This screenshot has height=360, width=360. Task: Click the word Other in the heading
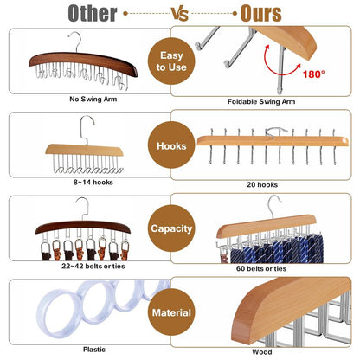pyautogui.click(x=93, y=13)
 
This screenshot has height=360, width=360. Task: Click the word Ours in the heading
pyautogui.click(x=260, y=13)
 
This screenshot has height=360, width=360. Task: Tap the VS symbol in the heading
pyautogui.click(x=180, y=14)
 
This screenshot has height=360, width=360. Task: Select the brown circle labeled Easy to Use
pyautogui.click(x=171, y=61)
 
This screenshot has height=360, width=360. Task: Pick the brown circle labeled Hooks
pyautogui.click(x=171, y=145)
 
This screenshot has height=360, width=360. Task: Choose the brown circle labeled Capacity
pyautogui.click(x=171, y=228)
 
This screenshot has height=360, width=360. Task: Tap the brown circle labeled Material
pyautogui.click(x=171, y=312)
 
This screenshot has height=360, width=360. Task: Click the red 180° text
pyautogui.click(x=313, y=74)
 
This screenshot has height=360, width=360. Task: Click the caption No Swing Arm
pyautogui.click(x=93, y=100)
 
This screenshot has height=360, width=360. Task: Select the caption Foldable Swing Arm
pyautogui.click(x=261, y=101)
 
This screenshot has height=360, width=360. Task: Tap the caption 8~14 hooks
pyautogui.click(x=93, y=183)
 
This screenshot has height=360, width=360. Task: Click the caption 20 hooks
pyautogui.click(x=262, y=184)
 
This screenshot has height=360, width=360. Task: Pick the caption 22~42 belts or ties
pyautogui.click(x=93, y=266)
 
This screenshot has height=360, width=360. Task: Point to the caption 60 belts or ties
pyautogui.click(x=261, y=268)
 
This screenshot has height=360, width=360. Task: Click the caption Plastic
pyautogui.click(x=94, y=350)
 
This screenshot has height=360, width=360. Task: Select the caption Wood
pyautogui.click(x=262, y=352)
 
